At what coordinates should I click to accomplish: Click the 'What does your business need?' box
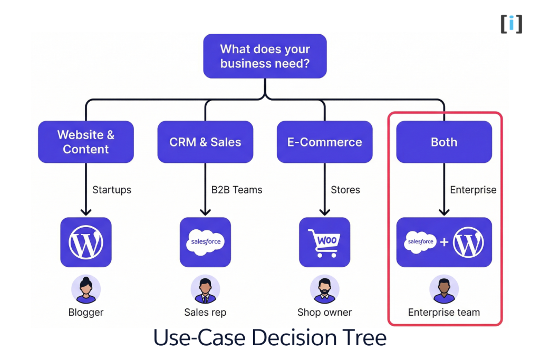tap(265, 56)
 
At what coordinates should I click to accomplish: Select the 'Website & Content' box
tap(86, 142)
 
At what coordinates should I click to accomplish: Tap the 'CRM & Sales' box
tap(205, 142)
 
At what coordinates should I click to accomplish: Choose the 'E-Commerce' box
tap(324, 142)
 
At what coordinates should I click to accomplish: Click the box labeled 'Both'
tap(444, 142)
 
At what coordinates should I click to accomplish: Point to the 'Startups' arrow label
tap(112, 190)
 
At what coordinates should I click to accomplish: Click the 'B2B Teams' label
tap(233, 190)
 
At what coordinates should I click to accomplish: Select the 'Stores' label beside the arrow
tap(345, 190)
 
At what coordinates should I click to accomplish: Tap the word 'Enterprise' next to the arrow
tap(473, 190)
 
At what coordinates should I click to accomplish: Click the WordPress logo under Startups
tap(86, 242)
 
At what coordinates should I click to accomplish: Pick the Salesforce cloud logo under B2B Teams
tap(205, 242)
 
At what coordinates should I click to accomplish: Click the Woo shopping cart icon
tap(324, 242)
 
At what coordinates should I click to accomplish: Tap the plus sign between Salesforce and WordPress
tap(444, 242)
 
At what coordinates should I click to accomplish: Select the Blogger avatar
tap(86, 289)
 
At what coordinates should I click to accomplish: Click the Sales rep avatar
tap(205, 289)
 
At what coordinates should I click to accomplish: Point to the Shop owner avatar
tap(324, 289)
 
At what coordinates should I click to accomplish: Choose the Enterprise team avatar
tap(444, 289)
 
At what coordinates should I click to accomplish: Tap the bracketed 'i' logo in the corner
tap(512, 24)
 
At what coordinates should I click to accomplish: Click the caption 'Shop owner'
tap(324, 312)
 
